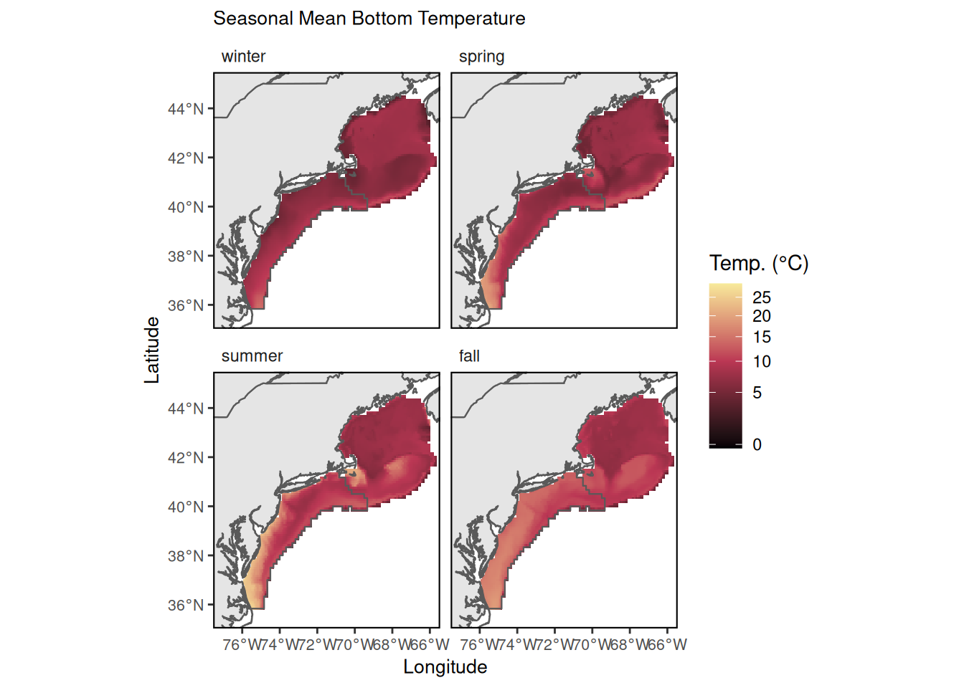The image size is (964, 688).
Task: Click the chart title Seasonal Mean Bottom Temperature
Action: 369,19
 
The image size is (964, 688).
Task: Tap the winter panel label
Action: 243,57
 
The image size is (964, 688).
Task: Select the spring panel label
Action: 481,57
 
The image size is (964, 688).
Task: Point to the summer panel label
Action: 252,356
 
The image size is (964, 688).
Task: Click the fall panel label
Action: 469,356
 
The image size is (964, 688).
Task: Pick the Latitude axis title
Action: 152,350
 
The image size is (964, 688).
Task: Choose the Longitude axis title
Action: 445,667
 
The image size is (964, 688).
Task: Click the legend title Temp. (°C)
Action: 759,263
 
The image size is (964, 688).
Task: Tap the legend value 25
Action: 762,297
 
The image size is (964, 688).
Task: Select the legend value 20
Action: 762,316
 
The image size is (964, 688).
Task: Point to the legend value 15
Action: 762,337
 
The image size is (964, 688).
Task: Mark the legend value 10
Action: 762,362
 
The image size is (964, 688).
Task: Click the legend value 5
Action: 757,393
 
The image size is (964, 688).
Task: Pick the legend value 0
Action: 757,445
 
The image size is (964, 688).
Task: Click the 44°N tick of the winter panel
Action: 186,109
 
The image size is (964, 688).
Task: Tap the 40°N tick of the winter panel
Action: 186,207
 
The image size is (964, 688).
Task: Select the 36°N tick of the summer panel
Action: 186,605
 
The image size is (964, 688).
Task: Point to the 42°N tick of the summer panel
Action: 186,457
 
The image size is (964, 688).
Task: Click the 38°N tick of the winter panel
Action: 186,256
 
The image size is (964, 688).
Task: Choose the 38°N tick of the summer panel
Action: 186,555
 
